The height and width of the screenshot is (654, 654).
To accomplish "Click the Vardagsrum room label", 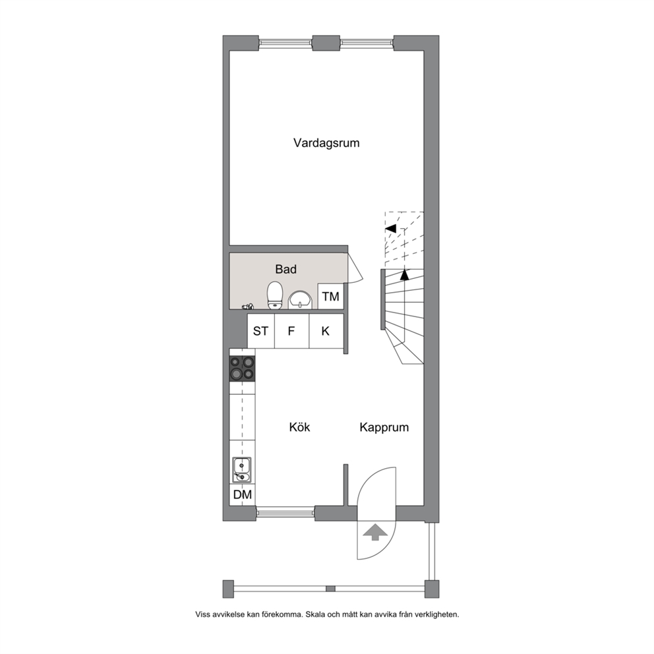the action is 326,143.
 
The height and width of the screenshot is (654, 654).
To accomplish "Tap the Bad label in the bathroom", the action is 285,270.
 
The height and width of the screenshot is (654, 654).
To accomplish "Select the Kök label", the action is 299,427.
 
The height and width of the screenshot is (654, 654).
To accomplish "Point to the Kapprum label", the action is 384,427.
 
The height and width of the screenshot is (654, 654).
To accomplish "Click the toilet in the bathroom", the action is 275,295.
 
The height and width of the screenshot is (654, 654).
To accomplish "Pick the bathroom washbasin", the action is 300,300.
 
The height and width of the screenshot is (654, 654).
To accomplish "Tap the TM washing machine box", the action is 331,297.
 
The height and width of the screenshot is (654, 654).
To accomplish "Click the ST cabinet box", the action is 261,331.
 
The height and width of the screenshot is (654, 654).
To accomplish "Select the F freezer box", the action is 291,331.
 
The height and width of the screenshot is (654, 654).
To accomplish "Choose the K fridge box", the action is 326,331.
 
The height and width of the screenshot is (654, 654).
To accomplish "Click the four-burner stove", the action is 243,369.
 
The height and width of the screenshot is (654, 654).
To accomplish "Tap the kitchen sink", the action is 242,469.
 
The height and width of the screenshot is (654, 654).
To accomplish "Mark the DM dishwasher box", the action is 243,494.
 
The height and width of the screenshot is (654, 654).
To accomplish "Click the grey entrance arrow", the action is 375,533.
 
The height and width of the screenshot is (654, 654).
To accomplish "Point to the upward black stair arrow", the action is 404,275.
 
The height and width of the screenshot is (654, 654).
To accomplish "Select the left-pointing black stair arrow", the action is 391,228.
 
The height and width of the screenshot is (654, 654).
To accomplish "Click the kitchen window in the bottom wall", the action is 285,512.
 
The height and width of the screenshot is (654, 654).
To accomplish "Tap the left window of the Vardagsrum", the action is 285,43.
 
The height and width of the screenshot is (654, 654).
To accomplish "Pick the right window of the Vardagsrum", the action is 367,43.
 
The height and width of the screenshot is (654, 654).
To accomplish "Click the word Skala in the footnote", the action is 314,614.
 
